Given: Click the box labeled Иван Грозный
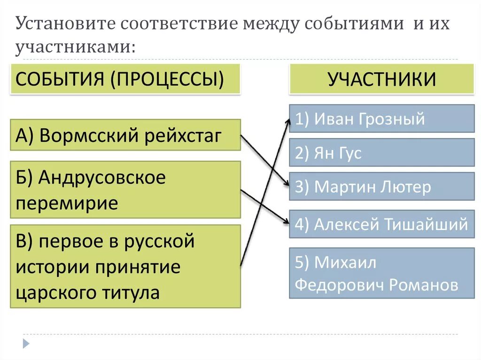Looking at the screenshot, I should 381,119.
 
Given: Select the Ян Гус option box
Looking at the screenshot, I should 381,153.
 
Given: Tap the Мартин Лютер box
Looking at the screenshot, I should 381,186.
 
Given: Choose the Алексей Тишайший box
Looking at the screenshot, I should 381,224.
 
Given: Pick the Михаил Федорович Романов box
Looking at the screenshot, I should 381,273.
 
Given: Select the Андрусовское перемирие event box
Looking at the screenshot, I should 125,190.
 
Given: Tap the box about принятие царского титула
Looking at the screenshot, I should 125,266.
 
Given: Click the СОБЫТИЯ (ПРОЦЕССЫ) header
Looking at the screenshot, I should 125,79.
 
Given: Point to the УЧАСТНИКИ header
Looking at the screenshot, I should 381,79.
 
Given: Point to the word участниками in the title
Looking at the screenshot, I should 70,47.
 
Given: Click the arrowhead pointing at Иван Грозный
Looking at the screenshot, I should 288,120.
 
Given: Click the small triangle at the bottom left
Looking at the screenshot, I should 26,344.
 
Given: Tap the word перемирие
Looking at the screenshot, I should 67,203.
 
